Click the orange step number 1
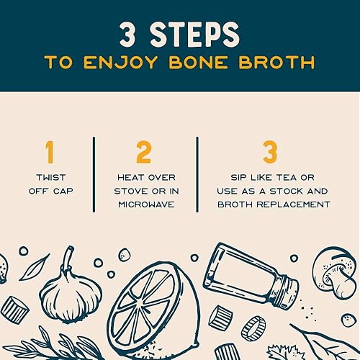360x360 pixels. pyautogui.click(x=50, y=153)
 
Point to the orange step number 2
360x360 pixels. pyautogui.click(x=144, y=153)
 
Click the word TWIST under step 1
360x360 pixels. pyautogui.click(x=50, y=177)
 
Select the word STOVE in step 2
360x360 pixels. pyautogui.click(x=135, y=191)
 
